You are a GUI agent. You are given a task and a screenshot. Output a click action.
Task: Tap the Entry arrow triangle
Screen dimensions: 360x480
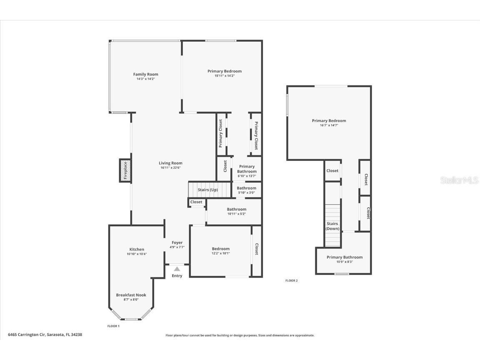point(177,269)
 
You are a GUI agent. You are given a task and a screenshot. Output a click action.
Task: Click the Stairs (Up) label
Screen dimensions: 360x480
point(207,190)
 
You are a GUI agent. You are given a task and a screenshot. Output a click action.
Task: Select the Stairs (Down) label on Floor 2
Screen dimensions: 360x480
point(332,226)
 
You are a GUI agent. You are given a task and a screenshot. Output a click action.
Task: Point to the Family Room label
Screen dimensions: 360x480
point(145,74)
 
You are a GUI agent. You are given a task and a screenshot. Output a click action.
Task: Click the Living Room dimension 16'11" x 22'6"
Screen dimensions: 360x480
point(170,167)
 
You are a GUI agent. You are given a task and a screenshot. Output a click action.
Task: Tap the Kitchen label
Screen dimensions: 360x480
point(137,249)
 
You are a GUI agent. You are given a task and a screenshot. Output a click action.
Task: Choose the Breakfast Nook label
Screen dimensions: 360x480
point(131,295)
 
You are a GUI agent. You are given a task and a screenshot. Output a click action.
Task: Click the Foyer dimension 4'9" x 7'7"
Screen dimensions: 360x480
point(177,247)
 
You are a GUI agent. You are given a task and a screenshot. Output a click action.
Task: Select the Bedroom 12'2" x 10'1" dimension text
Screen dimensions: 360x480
point(220,253)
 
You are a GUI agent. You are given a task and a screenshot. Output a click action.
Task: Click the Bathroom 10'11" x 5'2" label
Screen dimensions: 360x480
point(236,209)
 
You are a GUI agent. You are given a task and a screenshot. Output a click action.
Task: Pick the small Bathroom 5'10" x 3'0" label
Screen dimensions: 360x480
point(247,188)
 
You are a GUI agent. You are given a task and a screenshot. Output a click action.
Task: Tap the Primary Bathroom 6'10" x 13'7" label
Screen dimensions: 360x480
point(247,167)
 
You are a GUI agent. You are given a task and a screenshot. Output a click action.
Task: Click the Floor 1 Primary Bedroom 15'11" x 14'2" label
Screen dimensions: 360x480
point(225,71)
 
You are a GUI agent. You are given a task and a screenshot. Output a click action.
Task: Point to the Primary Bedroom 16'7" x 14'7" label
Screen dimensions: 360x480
point(329,121)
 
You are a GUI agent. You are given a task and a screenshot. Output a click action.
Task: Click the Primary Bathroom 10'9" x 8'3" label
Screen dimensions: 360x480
point(345,257)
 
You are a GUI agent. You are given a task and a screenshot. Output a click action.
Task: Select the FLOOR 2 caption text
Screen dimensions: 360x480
point(292,280)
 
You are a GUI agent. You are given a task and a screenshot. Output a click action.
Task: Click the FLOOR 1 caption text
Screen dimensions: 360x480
point(113,326)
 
